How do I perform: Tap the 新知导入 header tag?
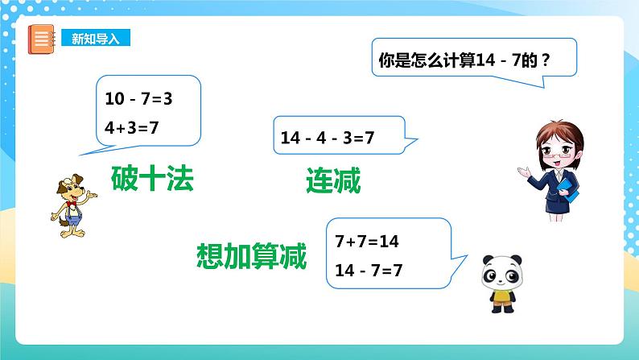click(95, 38)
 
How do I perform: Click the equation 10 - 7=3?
click(139, 99)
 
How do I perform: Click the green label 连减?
click(332, 180)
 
